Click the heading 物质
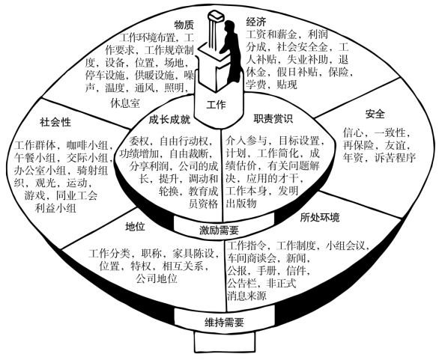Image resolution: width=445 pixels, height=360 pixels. coord(184,25)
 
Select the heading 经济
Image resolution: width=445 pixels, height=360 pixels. coord(256,22)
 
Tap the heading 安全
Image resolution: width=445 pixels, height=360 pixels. coord(375,114)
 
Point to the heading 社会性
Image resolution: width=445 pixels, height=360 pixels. coord(55,123)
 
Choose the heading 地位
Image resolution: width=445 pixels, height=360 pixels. coord(135,227)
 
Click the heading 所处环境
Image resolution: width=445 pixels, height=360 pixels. coord(320,217)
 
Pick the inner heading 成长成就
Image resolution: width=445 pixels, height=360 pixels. coord(170,120)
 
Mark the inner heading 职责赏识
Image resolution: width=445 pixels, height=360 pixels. coord(273,119)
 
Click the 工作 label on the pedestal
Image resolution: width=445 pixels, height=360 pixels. coord(217,105)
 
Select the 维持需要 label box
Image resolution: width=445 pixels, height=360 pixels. coord(224,322)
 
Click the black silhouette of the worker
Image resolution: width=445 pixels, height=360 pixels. coord(231,52)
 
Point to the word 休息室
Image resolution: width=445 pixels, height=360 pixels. coord(125,103)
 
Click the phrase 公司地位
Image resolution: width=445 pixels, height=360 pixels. coord(157,278)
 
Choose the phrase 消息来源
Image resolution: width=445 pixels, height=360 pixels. coord(246,296)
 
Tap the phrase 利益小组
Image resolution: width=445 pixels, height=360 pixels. coord(55,208)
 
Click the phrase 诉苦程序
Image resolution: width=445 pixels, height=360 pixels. coord(395,158)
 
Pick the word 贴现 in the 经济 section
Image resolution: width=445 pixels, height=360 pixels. coord(287,85)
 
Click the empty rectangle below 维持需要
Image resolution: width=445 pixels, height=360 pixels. coord(224,341)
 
